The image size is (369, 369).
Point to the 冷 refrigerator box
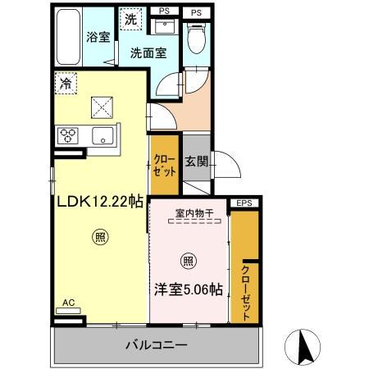click(x=64, y=83)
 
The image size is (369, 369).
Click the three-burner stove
click(x=67, y=136)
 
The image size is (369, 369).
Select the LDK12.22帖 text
click(x=100, y=199)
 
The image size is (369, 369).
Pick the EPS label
click(x=244, y=203)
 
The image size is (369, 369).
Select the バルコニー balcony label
click(x=156, y=344)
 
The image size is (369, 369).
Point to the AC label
click(x=69, y=303)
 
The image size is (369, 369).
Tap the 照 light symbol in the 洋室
click(x=188, y=262)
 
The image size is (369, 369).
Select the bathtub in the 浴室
click(x=70, y=37)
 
